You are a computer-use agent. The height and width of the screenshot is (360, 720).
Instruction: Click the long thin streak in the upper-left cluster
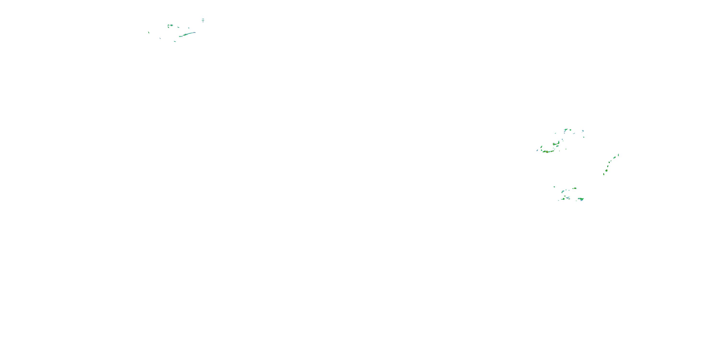click(187, 34)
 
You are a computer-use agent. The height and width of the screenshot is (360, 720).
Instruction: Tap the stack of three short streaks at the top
click(203, 20)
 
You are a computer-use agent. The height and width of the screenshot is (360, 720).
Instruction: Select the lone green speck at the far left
click(149, 32)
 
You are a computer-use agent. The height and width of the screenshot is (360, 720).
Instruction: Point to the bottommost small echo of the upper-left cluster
click(175, 41)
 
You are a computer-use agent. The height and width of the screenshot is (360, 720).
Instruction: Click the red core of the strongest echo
click(545, 152)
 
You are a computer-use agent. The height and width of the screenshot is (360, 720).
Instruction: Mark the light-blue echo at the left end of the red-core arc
click(537, 150)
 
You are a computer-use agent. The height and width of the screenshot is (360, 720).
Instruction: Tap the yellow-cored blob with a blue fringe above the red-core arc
click(554, 144)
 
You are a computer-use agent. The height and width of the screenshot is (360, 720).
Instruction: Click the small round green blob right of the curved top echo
click(570, 130)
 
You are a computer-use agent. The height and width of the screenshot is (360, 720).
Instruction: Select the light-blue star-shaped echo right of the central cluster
click(583, 131)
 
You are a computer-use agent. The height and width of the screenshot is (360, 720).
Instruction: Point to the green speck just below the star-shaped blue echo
click(584, 137)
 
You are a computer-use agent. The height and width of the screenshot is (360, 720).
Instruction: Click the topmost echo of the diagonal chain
click(618, 155)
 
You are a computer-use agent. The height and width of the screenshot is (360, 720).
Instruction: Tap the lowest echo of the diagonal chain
click(604, 174)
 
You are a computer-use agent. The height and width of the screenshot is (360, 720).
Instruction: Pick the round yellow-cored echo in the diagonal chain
click(606, 170)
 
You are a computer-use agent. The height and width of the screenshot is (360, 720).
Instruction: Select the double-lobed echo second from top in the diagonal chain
click(614, 158)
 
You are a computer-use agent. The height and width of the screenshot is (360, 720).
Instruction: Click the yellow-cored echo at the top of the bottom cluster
click(574, 188)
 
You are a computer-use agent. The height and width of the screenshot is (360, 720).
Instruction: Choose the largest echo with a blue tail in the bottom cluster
click(581, 199)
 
